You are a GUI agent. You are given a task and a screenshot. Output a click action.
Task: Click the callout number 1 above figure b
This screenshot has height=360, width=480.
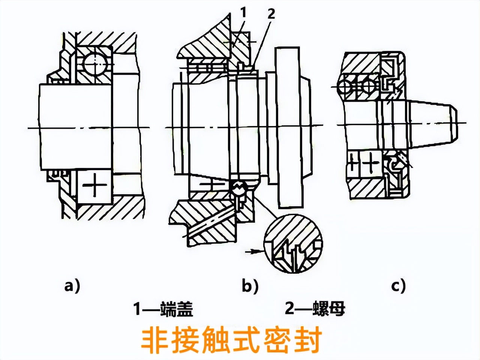[x=243, y=13]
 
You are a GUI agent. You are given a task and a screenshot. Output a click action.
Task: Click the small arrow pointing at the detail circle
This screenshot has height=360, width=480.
[x=252, y=252]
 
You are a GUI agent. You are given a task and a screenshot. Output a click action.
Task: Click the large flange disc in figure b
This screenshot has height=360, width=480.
[x=289, y=127]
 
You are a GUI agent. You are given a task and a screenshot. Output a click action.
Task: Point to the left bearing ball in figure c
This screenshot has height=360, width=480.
[x=344, y=87]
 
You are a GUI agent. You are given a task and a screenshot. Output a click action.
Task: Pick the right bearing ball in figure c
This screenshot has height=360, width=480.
[x=368, y=87]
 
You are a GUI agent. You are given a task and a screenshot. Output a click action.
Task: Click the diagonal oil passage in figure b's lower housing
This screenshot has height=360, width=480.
[x=210, y=223]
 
